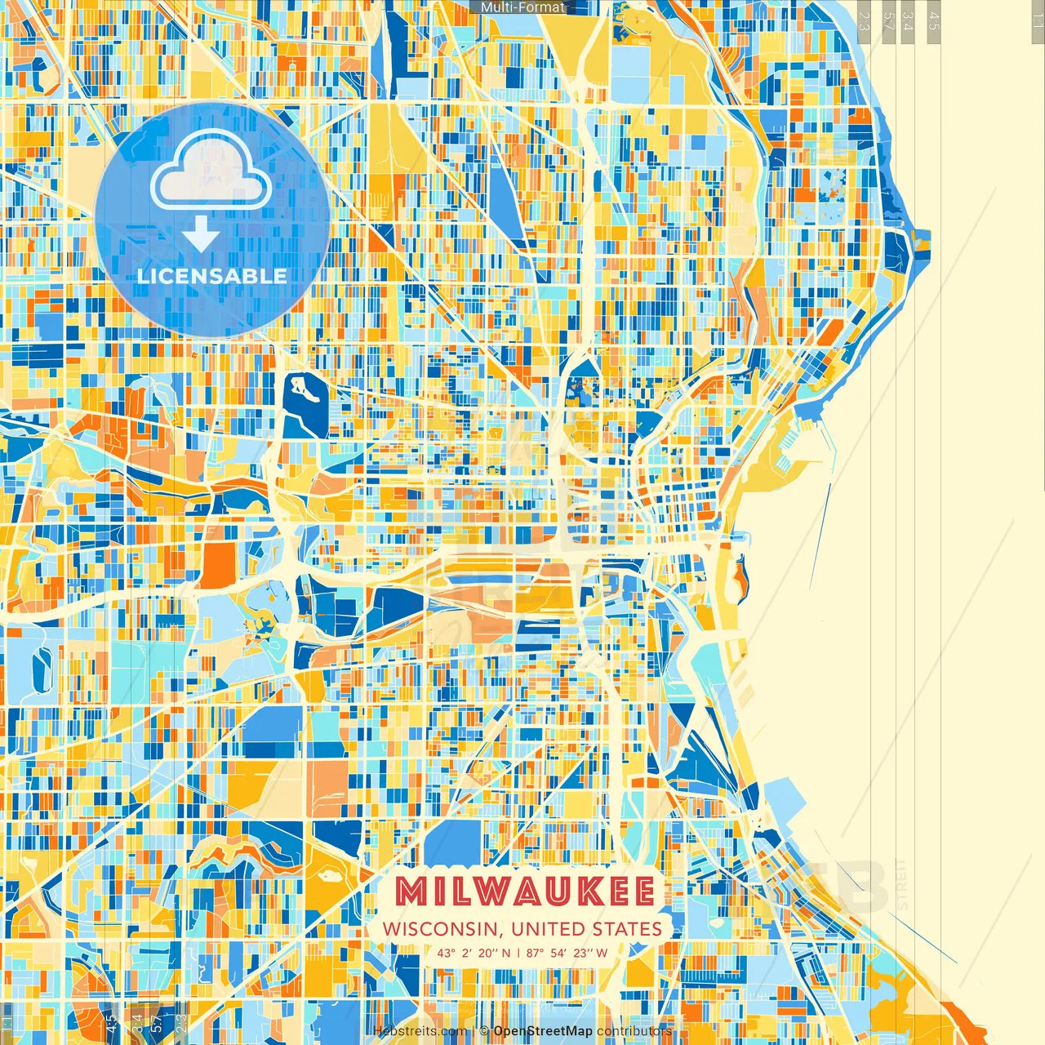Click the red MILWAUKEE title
(x=524, y=892)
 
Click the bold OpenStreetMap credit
(x=543, y=1031)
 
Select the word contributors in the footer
(x=634, y=1031)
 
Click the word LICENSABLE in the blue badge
(x=212, y=276)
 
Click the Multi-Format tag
(x=522, y=7)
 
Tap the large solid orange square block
(x=217, y=565)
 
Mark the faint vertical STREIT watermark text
(x=901, y=885)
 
